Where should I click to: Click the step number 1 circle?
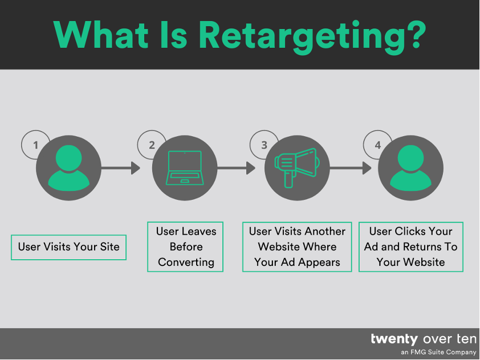coord(35,145)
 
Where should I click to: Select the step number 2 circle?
coord(151,145)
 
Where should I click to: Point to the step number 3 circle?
coord(264,145)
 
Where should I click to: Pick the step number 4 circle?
coord(377,145)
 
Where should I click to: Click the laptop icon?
coord(184,168)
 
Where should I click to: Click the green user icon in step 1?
coord(68,168)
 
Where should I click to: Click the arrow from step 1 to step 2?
coord(120,168)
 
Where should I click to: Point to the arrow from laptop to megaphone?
coord(236,168)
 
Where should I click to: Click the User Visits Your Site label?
coord(68,247)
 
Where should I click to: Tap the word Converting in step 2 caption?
coord(186,263)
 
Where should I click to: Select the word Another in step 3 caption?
coord(325,231)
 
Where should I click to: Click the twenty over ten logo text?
coord(423,339)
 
